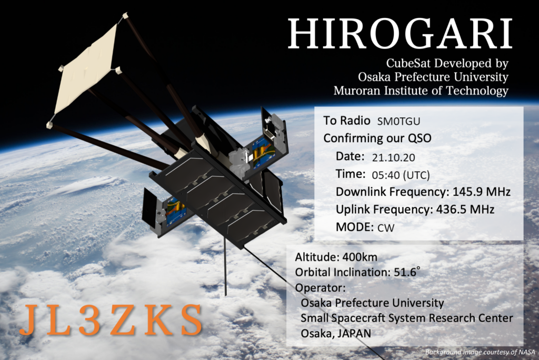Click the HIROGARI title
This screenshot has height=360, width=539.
pyautogui.click(x=400, y=33)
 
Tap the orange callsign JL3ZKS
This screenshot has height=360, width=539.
pyautogui.click(x=111, y=320)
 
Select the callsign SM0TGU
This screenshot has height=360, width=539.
pyautogui.click(x=398, y=122)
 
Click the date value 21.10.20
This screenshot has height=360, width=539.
pyautogui.click(x=393, y=157)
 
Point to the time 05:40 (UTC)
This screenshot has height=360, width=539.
pyautogui.click(x=401, y=175)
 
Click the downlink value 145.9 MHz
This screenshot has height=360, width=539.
pyautogui.click(x=481, y=192)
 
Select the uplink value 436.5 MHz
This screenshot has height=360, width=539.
pyautogui.click(x=465, y=209)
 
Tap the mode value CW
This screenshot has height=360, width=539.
pyautogui.click(x=386, y=227)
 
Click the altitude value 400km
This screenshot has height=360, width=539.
pyautogui.click(x=360, y=257)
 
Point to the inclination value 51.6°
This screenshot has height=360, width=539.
pyautogui.click(x=407, y=272)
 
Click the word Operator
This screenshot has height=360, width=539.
pyautogui.click(x=320, y=288)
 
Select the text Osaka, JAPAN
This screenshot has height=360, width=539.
pyautogui.click(x=336, y=333)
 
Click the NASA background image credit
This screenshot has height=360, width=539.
pyautogui.click(x=480, y=352)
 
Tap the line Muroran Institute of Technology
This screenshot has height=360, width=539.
pyautogui.click(x=421, y=91)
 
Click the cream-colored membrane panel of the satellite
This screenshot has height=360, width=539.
pyautogui.click(x=86, y=69)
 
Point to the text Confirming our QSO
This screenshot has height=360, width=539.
pyautogui.click(x=377, y=138)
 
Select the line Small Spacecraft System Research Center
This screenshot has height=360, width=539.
pyautogui.click(x=407, y=318)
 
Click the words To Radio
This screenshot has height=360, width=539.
pyautogui.click(x=346, y=121)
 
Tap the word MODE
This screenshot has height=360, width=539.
pyautogui.click(x=354, y=227)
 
